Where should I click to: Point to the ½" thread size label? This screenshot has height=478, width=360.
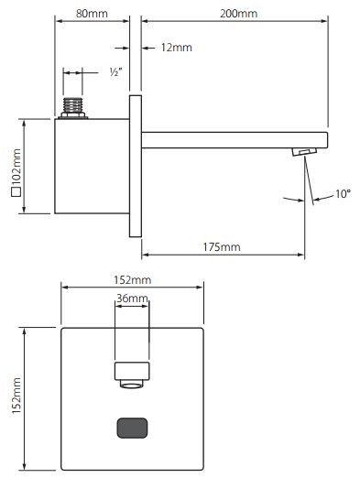point(115,71)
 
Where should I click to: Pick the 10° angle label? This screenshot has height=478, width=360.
point(343,193)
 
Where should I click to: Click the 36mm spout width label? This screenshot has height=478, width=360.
point(132,299)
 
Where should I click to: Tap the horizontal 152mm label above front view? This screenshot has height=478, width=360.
point(132,277)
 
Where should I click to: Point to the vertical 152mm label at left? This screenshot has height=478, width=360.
point(16,397)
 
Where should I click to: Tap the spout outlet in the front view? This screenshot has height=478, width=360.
point(132,374)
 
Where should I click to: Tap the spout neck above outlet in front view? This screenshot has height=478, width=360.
point(132,339)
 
